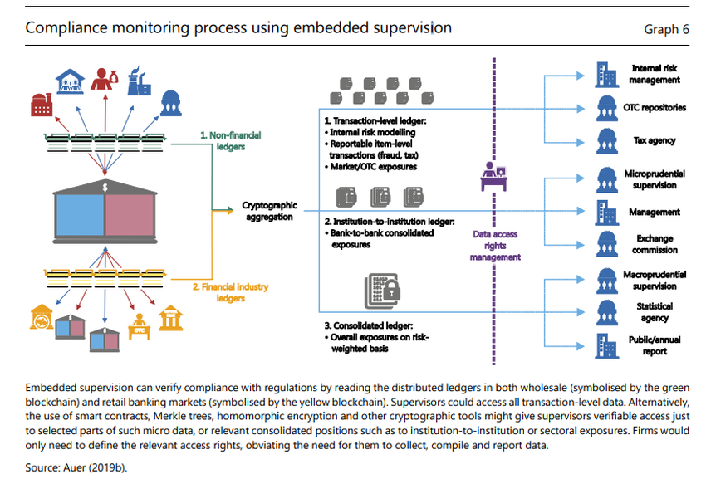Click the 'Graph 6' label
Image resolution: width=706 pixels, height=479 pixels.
(666, 29)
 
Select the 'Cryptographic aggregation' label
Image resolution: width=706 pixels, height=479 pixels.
(267, 210)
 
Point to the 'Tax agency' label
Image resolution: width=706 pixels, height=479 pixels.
(656, 141)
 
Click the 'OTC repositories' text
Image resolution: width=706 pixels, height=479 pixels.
(655, 107)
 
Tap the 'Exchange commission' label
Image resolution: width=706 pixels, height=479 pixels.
(655, 244)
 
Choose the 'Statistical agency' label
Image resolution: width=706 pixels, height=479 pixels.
(655, 312)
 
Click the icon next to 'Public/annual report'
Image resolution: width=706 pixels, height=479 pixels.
(607, 345)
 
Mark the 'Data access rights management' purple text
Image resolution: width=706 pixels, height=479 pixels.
(495, 246)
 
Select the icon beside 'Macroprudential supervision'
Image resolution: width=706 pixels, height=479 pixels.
(607, 279)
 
